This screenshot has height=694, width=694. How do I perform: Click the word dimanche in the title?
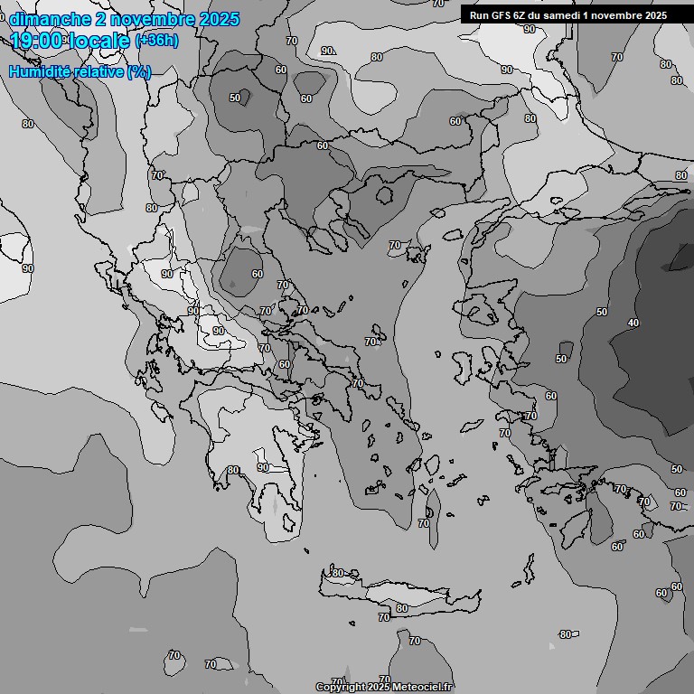[49, 19]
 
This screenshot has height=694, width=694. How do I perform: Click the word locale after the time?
[100, 40]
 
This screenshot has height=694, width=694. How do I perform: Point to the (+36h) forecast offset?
[155, 41]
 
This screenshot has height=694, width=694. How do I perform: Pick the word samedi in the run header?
[571, 15]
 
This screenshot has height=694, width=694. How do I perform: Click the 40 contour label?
[633, 323]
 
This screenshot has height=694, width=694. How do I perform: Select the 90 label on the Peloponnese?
[263, 467]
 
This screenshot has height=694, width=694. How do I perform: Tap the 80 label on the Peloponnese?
[233, 470]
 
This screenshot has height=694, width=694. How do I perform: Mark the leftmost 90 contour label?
[27, 268]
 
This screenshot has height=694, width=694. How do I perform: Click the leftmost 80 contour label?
[27, 124]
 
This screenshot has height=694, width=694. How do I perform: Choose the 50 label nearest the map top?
[235, 98]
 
